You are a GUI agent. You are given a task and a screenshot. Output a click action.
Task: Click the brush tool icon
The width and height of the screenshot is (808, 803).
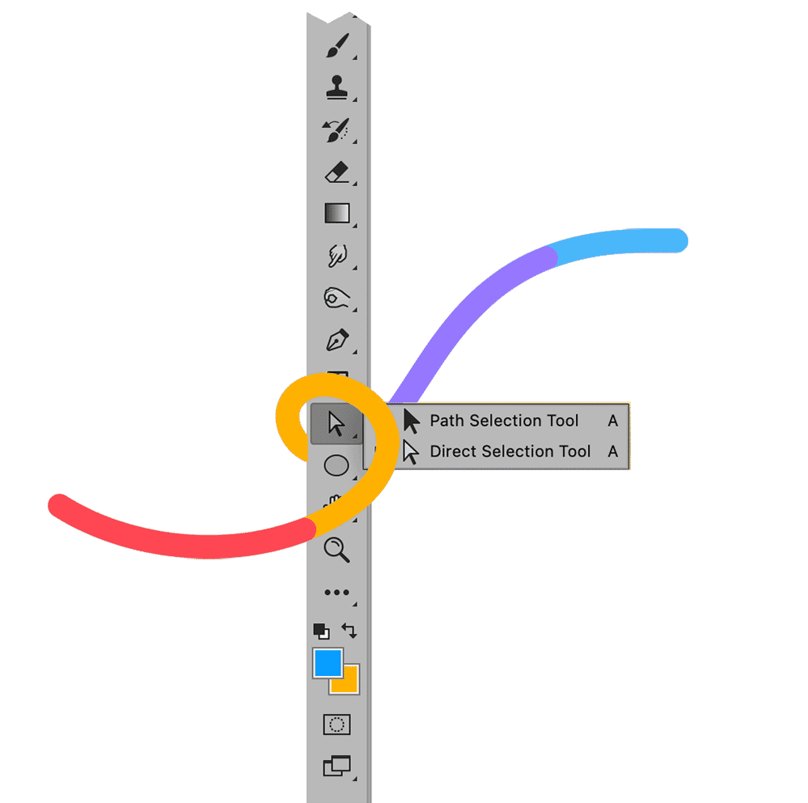click(x=336, y=45)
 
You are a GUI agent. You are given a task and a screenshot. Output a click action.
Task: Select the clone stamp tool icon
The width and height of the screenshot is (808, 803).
click(x=336, y=87)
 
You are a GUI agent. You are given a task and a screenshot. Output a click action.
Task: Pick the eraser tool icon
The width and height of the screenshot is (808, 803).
click(x=336, y=172)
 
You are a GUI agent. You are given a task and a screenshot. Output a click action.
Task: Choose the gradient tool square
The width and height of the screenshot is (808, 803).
click(x=336, y=213)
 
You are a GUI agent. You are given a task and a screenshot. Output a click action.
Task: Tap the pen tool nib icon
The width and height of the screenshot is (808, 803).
click(x=336, y=339)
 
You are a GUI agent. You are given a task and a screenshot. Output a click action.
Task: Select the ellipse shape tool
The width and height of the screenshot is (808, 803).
click(x=336, y=465)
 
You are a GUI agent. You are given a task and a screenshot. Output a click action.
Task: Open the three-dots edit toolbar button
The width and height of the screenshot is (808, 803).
click(x=336, y=593)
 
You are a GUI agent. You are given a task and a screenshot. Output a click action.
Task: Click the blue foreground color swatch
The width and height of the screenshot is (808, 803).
click(x=327, y=663)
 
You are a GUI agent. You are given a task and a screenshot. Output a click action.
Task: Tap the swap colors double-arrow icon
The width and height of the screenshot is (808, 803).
click(x=349, y=629)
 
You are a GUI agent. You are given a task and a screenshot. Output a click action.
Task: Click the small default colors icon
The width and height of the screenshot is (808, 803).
click(x=321, y=631)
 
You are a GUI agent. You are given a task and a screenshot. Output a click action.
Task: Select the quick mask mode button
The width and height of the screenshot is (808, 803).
click(x=336, y=724)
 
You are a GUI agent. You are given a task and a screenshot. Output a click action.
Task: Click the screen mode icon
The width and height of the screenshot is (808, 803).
click(x=336, y=765)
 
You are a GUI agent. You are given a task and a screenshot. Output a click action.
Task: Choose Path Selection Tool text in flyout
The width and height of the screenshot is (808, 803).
click(x=504, y=421)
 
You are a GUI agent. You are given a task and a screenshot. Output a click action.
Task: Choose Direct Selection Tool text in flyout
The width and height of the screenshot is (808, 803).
click(x=510, y=452)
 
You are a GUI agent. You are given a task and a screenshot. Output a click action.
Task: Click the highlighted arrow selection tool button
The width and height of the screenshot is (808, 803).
click(x=335, y=423)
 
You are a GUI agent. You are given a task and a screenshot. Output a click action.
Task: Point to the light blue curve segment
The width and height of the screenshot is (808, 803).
click(x=623, y=243)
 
